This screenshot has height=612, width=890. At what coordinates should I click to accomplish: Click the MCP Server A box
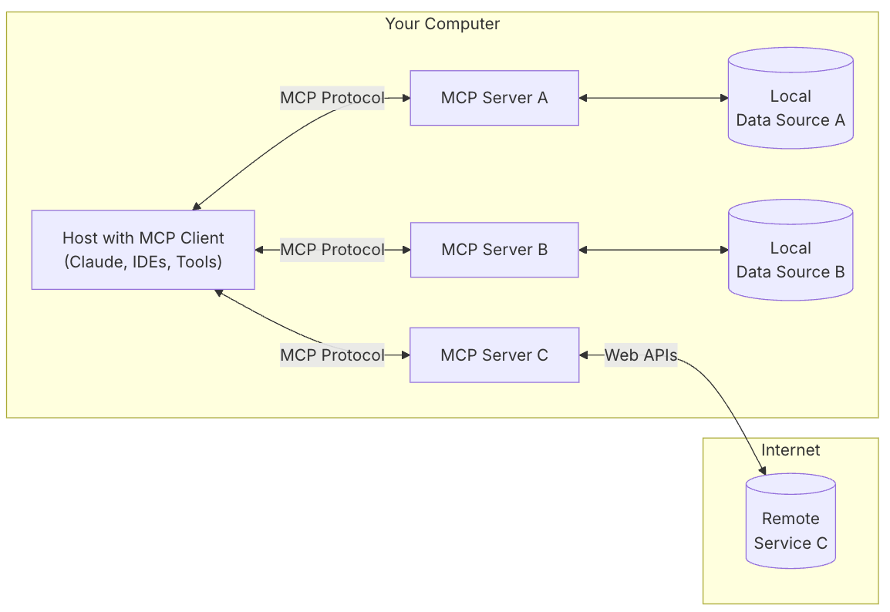coord(494,98)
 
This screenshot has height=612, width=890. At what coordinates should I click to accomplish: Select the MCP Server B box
coord(494,250)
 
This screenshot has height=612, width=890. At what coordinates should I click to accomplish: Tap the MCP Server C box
coord(494,355)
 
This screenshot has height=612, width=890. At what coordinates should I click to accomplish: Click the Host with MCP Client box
coord(143,250)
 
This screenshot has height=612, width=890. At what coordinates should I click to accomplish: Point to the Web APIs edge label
coord(640,355)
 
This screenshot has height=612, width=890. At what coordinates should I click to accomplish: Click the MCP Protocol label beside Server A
coord(332,98)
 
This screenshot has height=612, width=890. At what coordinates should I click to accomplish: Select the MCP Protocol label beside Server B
coord(332,250)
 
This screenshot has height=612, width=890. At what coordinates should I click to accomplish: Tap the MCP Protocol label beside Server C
coord(332,355)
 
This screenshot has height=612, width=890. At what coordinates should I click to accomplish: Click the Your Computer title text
coord(442,24)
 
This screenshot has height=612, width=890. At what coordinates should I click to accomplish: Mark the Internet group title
coord(791,450)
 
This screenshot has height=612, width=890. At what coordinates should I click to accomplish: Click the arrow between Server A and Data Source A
coord(653,98)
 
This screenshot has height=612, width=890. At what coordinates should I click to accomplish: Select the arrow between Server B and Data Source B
coord(653,250)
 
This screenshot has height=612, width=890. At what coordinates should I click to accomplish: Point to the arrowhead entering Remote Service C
coord(762,470)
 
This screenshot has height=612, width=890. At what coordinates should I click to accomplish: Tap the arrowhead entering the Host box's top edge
coord(197,206)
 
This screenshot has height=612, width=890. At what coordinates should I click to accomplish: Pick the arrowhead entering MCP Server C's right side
coord(584,355)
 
